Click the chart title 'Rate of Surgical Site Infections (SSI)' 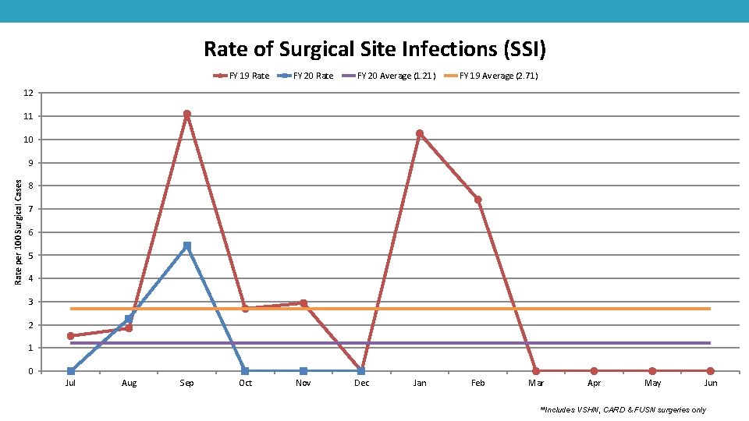(374, 49)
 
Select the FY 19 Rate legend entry (242, 76)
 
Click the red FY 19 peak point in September (187, 115)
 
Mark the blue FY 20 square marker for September (187, 246)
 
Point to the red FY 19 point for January (420, 134)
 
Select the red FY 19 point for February (477, 200)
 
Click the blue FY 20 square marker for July (71, 371)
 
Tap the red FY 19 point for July (71, 336)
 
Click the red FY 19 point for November (304, 303)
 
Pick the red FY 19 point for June (710, 371)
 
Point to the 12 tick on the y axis (28, 94)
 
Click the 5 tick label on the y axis (30, 256)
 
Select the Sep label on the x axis (187, 383)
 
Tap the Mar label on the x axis (536, 383)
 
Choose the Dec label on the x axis (361, 383)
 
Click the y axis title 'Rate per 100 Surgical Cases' (20, 232)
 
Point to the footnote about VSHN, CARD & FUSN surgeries (623, 409)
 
